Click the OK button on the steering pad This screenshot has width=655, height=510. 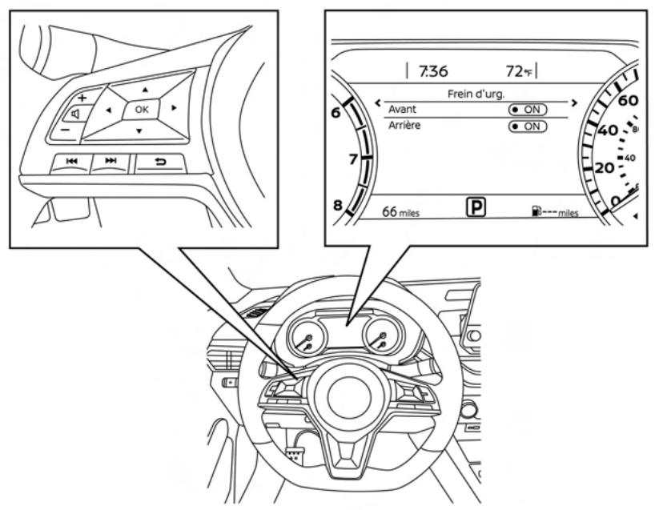coord(141,110)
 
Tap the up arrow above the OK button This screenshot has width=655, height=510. coord(145,89)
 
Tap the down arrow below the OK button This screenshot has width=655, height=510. coord(138,131)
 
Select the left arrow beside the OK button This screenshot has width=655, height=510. coord(108,110)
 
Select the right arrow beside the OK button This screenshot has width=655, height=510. coord(174,108)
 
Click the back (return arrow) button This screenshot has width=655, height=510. coord(159,163)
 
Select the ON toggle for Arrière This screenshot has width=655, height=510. coord(528,126)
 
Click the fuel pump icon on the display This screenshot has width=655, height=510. coord(532,212)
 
